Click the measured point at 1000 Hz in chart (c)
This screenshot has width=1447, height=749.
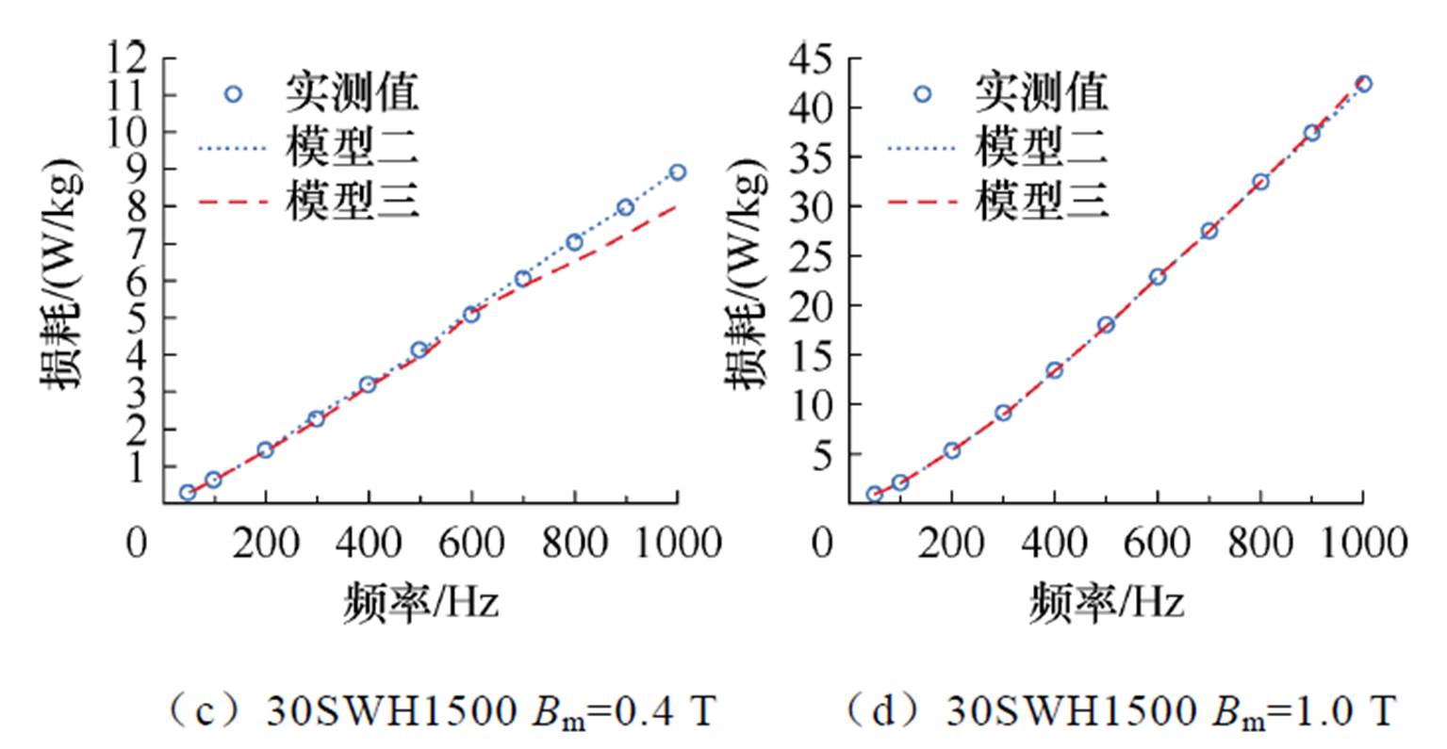pyautogui.click(x=677, y=172)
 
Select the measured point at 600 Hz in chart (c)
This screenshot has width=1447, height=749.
pyautogui.click(x=471, y=314)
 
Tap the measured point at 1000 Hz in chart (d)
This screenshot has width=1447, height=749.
pyautogui.click(x=1363, y=84)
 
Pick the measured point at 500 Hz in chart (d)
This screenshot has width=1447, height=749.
pyautogui.click(x=1106, y=325)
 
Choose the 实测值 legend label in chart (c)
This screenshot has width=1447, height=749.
pyautogui.click(x=353, y=93)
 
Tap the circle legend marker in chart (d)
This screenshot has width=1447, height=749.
pyautogui.click(x=922, y=93)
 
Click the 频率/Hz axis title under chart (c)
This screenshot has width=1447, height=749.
pyautogui.click(x=419, y=600)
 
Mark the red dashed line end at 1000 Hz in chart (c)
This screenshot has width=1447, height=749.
pyautogui.click(x=676, y=205)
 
